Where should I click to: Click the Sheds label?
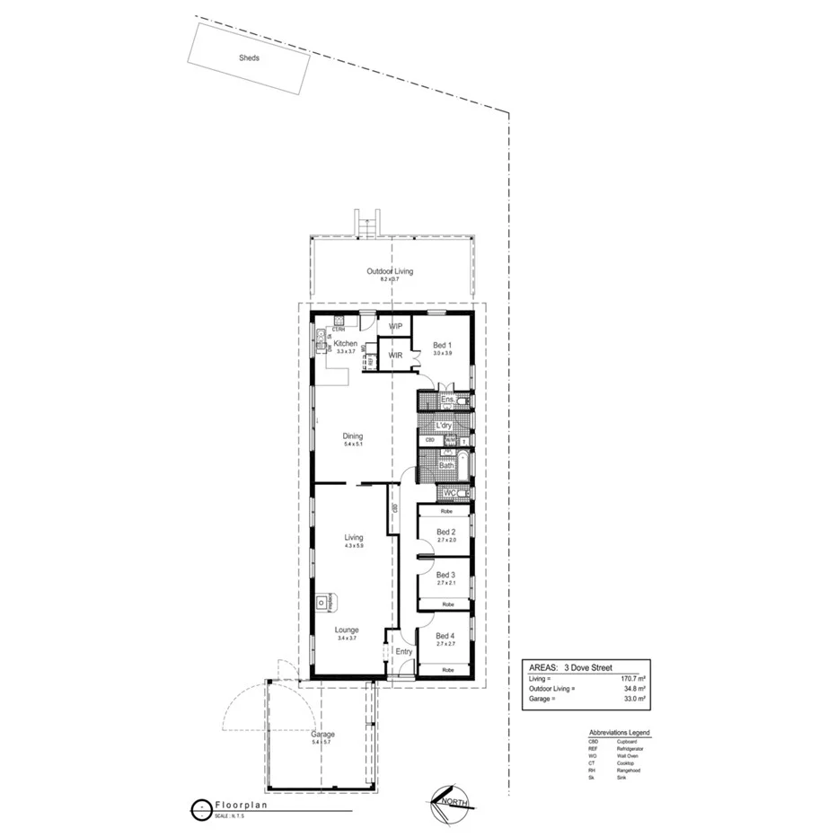pyautogui.click(x=249, y=57)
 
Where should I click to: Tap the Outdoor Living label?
pyautogui.click(x=390, y=271)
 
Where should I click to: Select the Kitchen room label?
pyautogui.click(x=346, y=344)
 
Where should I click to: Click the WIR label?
pyautogui.click(x=395, y=356)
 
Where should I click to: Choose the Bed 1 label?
pyautogui.click(x=442, y=345)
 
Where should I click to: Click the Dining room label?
pyautogui.click(x=352, y=436)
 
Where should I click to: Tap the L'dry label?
pyautogui.click(x=443, y=425)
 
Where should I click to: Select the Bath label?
pyautogui.click(x=446, y=465)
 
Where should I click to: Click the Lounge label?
pyautogui.click(x=348, y=630)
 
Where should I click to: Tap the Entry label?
pyautogui.click(x=404, y=652)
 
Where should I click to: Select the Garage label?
pyautogui.click(x=322, y=734)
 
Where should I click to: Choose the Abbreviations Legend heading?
pyautogui.click(x=619, y=733)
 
